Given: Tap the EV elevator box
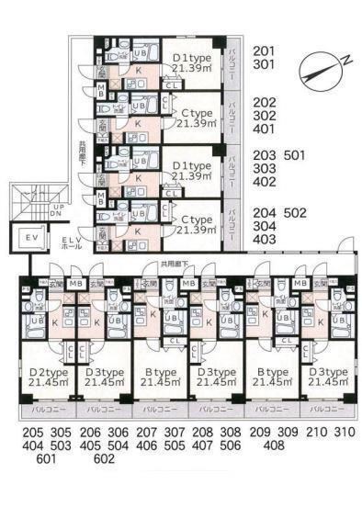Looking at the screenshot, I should [29, 238].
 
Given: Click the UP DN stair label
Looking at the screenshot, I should [57, 211].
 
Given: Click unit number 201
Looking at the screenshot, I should [264, 51].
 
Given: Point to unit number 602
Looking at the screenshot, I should [103, 459].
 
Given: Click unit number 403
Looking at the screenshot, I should [264, 239].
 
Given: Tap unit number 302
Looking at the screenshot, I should [264, 117].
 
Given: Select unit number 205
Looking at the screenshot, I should [32, 432].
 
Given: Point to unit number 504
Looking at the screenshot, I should [117, 445].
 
